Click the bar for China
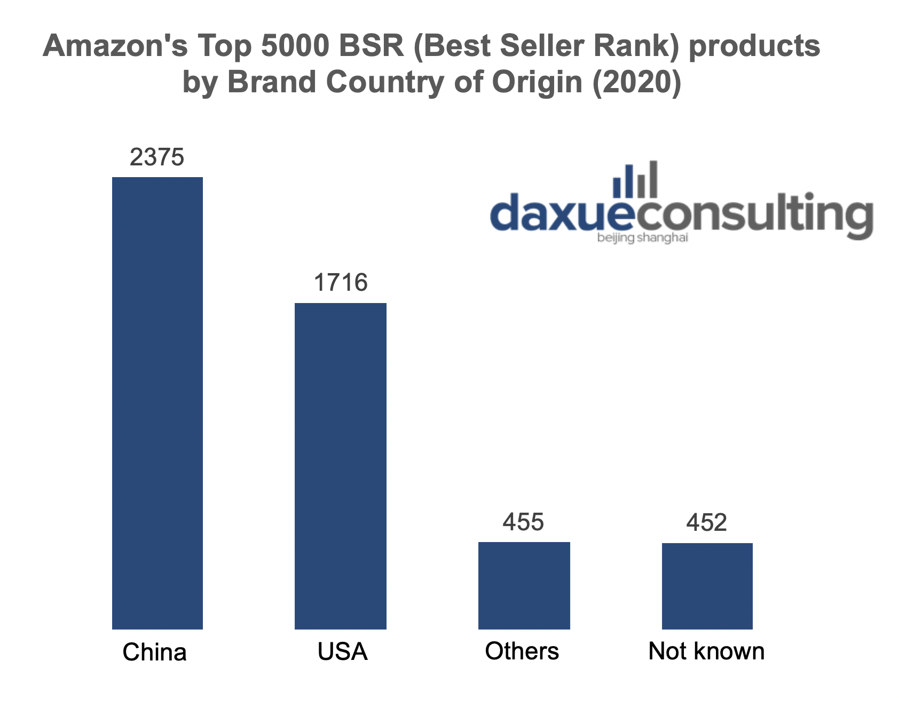click(x=157, y=403)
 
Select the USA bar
click(x=341, y=466)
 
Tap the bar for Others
click(x=524, y=585)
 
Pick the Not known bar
click(x=707, y=586)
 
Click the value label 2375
click(x=157, y=157)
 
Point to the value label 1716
click(x=341, y=283)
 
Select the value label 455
click(x=523, y=522)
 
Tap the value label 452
click(x=707, y=523)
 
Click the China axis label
click(x=155, y=652)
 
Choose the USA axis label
click(x=342, y=652)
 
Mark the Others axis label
click(x=522, y=651)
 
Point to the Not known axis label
click(x=706, y=651)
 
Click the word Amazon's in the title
click(x=115, y=46)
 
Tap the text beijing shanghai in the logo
click(x=643, y=237)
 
